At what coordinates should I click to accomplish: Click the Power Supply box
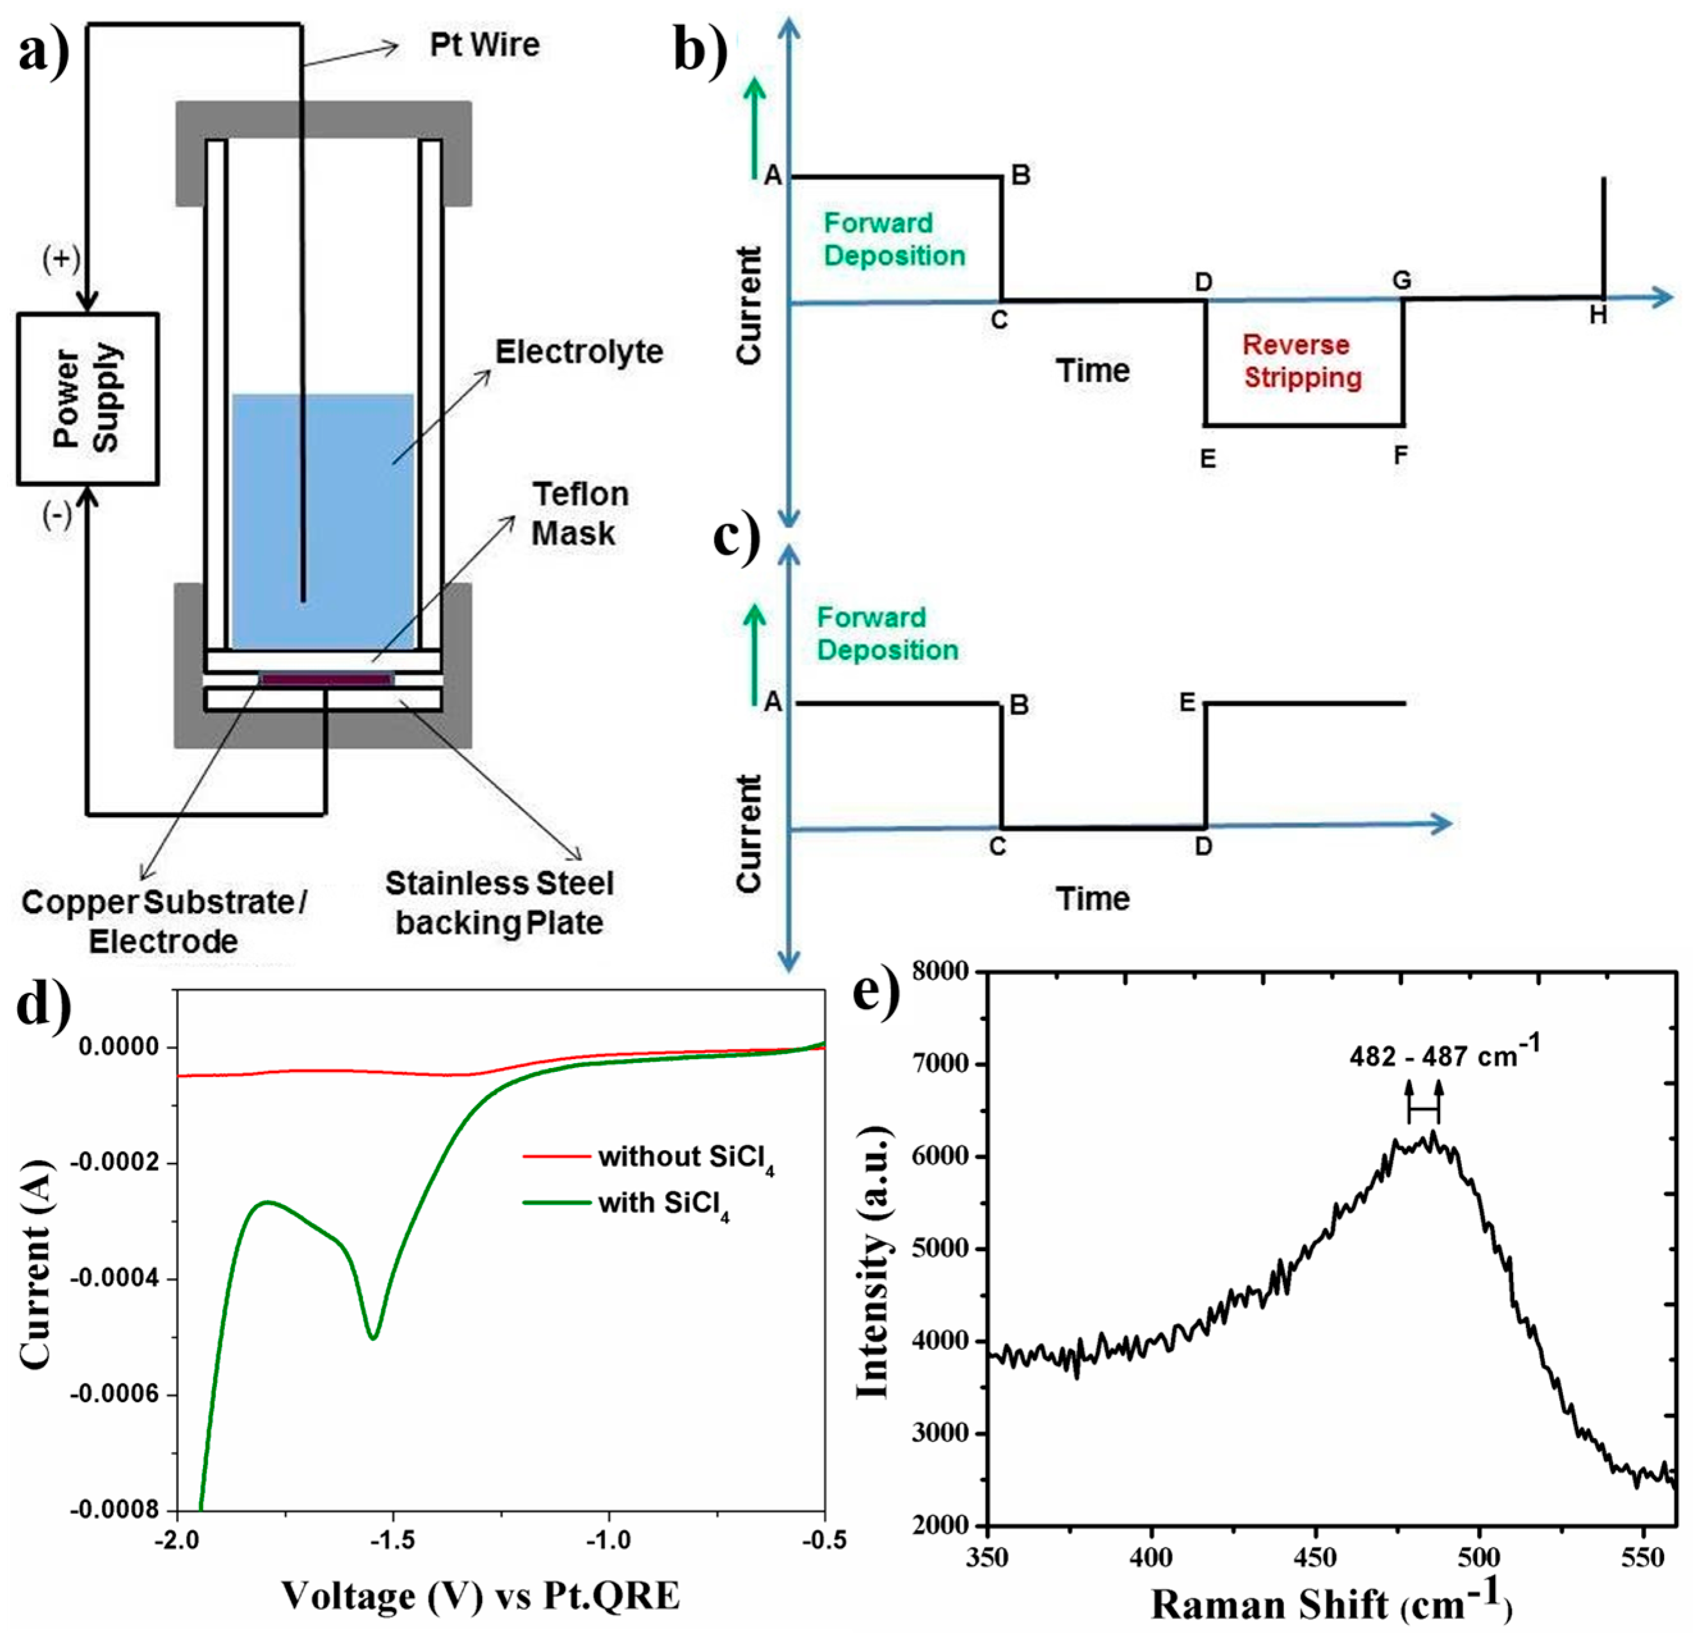(x=87, y=398)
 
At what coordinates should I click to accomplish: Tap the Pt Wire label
(x=485, y=45)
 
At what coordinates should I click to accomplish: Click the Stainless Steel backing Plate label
(x=499, y=902)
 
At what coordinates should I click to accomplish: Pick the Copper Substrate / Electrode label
(x=164, y=922)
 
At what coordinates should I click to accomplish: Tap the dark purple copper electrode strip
(x=326, y=680)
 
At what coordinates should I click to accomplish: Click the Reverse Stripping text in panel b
(x=1302, y=361)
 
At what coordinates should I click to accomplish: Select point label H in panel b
(x=1598, y=316)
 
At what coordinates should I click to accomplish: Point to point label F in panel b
(x=1400, y=455)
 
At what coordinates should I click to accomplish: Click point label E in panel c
(x=1188, y=703)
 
